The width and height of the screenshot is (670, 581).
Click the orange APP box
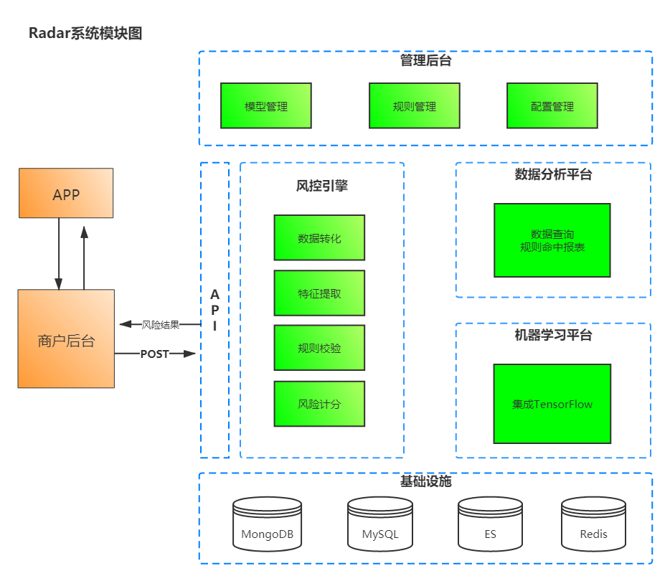[66, 193]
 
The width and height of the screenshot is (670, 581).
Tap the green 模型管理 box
[265, 106]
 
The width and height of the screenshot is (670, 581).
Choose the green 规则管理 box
[414, 106]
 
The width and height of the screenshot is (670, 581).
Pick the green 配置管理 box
[552, 106]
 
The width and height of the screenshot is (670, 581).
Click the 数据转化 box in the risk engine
[319, 237]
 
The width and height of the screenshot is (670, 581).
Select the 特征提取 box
[319, 293]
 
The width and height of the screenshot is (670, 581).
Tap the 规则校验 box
[319, 348]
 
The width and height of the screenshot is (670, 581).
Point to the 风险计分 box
[319, 404]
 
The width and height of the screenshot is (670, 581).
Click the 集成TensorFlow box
[552, 404]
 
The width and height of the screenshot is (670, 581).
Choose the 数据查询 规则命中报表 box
[552, 240]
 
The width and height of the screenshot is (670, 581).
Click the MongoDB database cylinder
[267, 525]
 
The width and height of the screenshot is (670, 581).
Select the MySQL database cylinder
[380, 525]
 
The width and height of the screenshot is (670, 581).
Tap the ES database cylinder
[491, 525]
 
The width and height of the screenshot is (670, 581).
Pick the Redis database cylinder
[593, 525]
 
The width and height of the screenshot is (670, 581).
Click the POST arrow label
[154, 354]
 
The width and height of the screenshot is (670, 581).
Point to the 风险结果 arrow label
[160, 325]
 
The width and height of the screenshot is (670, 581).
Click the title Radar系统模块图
[85, 33]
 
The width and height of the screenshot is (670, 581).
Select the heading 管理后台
[425, 61]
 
